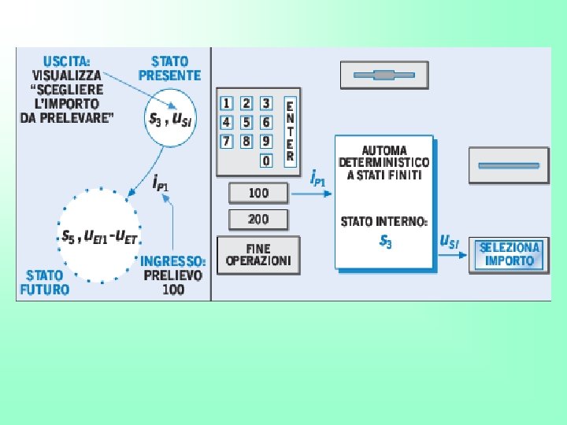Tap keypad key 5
click(x=246, y=122)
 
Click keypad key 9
click(x=266, y=141)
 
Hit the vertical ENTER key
click(x=290, y=130)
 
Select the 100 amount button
click(x=258, y=193)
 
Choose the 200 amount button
click(x=258, y=219)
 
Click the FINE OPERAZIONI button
click(x=258, y=255)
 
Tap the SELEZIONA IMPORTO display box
click(x=510, y=254)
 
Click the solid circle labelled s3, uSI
click(x=170, y=119)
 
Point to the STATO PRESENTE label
click(x=170, y=68)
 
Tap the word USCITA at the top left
click(x=66, y=61)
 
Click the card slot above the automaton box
click(x=384, y=76)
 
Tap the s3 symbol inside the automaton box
click(x=385, y=242)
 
